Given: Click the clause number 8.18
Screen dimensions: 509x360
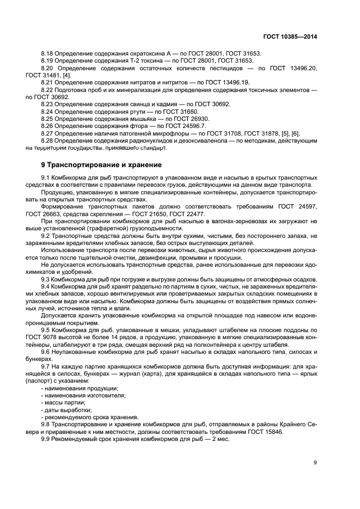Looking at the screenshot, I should pos(47,53).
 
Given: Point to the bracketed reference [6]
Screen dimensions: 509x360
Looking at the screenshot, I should pos(296,133).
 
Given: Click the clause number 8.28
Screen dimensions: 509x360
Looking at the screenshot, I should pos(47,140).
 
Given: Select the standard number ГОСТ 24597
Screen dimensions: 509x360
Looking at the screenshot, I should pos(299,207).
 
